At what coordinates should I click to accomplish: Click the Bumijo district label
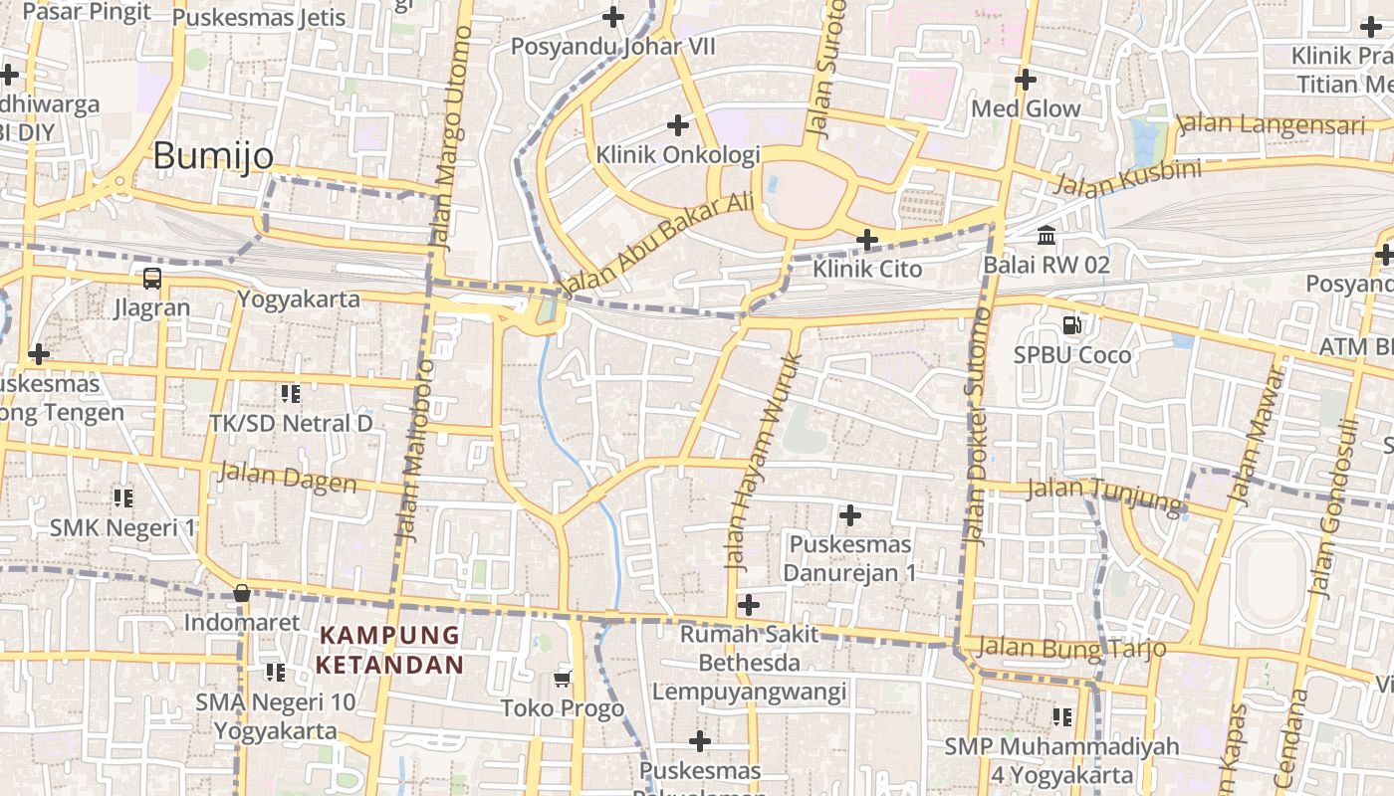coord(213,156)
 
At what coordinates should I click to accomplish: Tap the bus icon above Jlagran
coord(152,279)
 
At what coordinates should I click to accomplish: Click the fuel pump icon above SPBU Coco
coord(1072,324)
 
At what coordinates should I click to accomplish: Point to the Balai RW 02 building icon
coord(1046,236)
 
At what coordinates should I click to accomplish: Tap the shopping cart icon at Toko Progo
coord(563,679)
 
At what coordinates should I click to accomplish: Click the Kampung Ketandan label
coord(390,650)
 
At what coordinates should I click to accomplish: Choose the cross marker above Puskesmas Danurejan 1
coord(849,514)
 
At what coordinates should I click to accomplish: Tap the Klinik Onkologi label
coord(678,154)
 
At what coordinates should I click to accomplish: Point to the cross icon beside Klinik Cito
coord(867,239)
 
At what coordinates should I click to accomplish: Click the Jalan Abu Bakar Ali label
coord(658,244)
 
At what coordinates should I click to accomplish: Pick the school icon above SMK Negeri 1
coord(123,497)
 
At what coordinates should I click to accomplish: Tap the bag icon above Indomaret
coord(241,594)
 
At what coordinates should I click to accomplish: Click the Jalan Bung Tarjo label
coord(1071,648)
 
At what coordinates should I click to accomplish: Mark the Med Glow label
coord(1026,108)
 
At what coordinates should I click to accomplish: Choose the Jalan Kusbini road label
coord(1126,178)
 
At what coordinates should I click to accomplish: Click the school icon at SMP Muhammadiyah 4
coord(1062,716)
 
